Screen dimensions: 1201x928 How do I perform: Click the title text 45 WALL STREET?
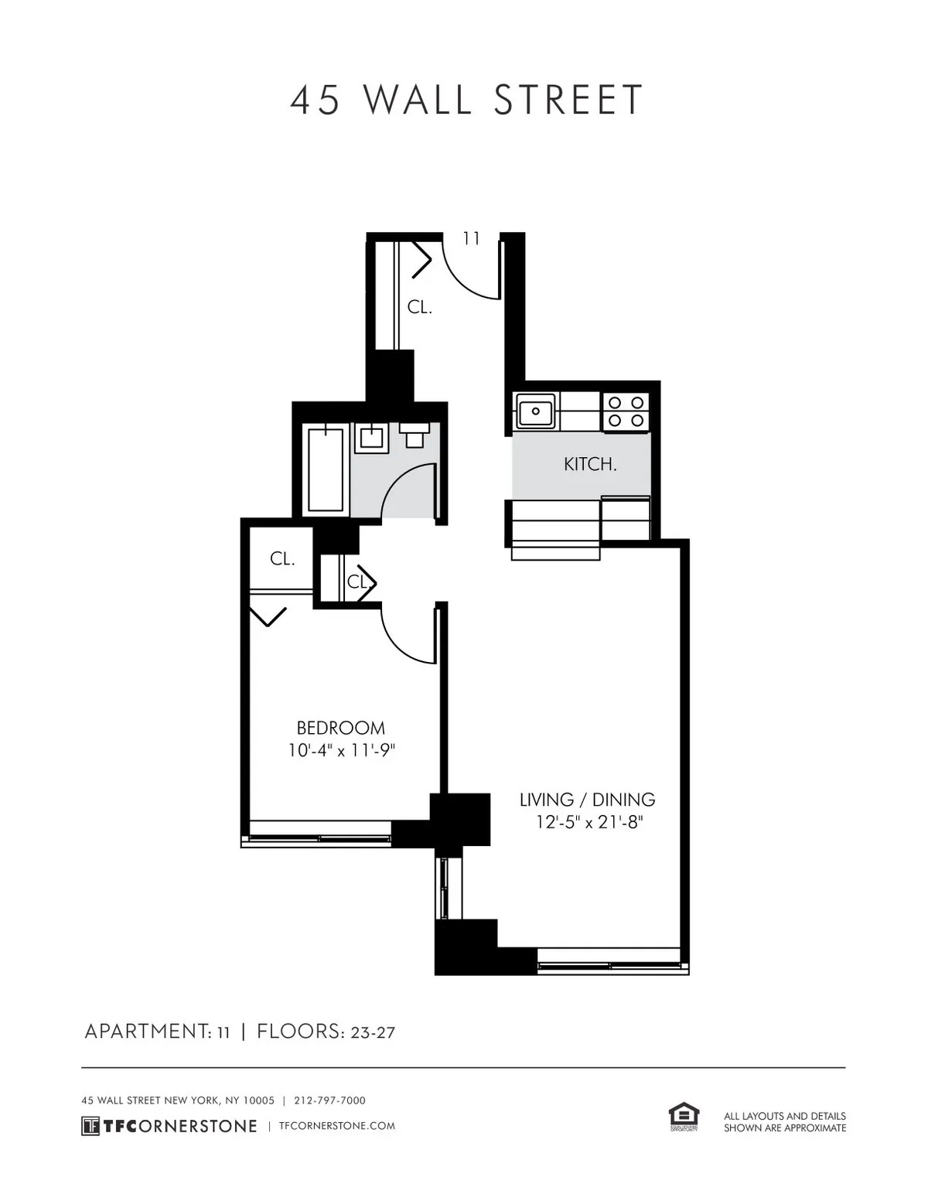pos(466,101)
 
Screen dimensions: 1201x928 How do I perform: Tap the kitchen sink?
pos(535,411)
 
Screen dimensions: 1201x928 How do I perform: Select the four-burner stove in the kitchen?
pos(626,411)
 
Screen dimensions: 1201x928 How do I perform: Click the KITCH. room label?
pos(590,465)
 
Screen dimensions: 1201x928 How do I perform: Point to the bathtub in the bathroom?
pos(326,469)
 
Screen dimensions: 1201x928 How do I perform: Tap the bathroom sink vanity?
pos(371,438)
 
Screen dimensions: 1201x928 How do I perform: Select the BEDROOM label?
pos(340,728)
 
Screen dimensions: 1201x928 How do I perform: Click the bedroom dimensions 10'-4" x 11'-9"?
pos(340,750)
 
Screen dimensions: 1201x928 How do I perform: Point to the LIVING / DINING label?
pos(587,800)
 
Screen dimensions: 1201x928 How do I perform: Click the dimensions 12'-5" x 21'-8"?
pos(589,823)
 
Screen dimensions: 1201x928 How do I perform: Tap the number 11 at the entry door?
pos(471,238)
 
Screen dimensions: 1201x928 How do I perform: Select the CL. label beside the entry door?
pos(419,307)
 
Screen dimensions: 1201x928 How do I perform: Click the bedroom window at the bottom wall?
pos(319,838)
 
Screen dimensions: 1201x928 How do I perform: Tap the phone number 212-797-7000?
pos(329,1100)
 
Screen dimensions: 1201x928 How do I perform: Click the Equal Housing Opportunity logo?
pos(684,1118)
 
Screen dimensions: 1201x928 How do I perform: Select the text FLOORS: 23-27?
pos(326,1032)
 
